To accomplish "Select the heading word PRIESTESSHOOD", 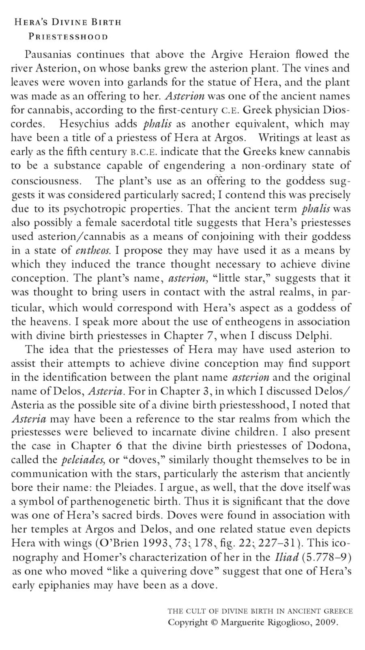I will coord(68,37).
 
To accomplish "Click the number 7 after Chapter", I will coord(203,336).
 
